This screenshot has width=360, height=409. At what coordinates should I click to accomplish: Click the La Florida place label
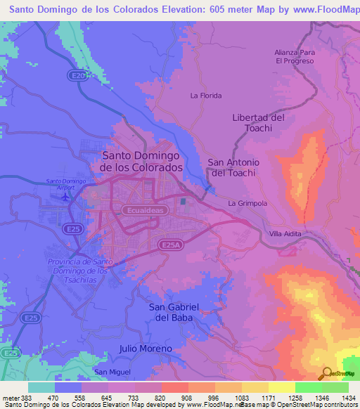(206, 96)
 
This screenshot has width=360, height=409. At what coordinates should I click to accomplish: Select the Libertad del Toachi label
(258, 123)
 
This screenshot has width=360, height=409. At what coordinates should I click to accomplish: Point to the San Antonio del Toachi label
(233, 167)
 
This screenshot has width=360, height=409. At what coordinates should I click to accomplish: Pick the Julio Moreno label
(146, 349)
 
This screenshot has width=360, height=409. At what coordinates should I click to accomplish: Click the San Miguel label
(112, 372)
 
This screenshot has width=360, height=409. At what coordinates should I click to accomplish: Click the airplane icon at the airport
(66, 195)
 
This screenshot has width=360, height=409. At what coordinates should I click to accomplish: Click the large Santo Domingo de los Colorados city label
(141, 162)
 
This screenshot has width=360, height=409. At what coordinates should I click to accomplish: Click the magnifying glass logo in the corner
(327, 373)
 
